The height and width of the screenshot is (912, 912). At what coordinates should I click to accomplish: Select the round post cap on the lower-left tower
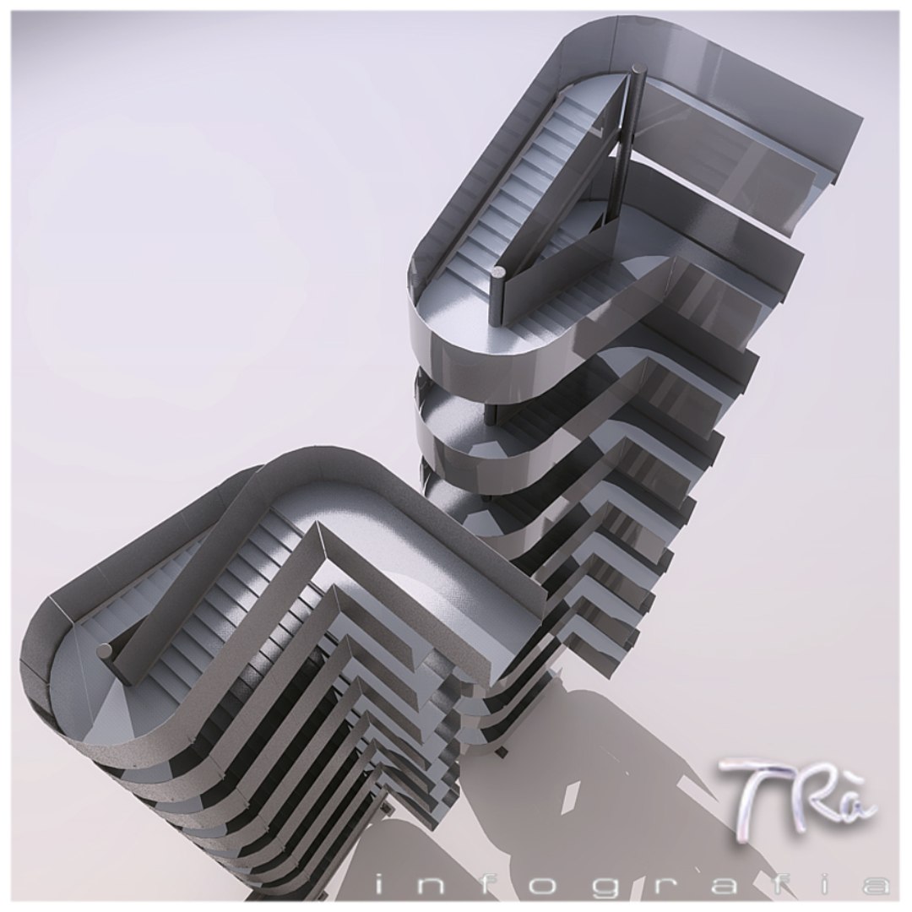pos(104,649)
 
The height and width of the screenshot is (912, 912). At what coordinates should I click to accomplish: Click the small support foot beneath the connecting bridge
pos(504,751)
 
